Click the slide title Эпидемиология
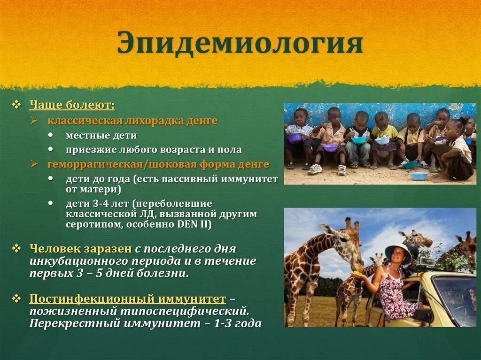(x=240, y=44)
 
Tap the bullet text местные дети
(x=101, y=136)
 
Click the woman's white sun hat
(x=398, y=251)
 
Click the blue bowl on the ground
(x=418, y=176)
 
